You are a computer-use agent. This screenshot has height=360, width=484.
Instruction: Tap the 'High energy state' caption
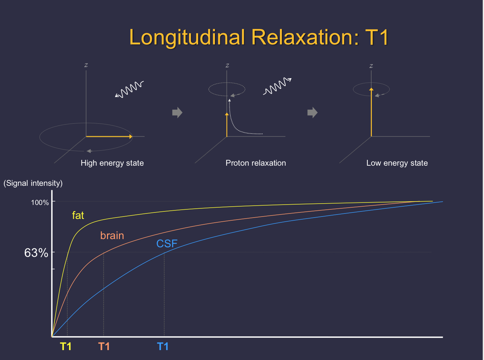pyautogui.click(x=112, y=163)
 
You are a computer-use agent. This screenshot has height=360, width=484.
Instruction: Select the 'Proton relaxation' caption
pyautogui.click(x=256, y=163)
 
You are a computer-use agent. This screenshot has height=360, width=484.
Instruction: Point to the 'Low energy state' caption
pyautogui.click(x=397, y=163)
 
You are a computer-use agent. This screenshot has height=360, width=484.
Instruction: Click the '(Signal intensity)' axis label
pyautogui.click(x=33, y=183)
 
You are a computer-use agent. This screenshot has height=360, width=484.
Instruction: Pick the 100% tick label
pyautogui.click(x=40, y=203)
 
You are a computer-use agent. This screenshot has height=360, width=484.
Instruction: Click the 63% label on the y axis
pyautogui.click(x=36, y=253)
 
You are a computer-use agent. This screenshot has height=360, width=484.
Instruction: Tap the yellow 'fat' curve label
pyautogui.click(x=78, y=215)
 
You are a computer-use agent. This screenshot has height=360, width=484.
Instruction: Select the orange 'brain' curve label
pyautogui.click(x=112, y=235)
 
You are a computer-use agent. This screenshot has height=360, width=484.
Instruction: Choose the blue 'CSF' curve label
pyautogui.click(x=167, y=244)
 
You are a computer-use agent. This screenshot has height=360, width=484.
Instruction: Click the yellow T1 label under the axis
pyautogui.click(x=66, y=347)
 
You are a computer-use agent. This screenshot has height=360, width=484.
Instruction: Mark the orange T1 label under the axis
pyautogui.click(x=104, y=347)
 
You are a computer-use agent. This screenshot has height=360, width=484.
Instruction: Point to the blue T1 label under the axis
pyautogui.click(x=163, y=347)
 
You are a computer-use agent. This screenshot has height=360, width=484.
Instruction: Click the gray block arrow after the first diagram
pyautogui.click(x=177, y=112)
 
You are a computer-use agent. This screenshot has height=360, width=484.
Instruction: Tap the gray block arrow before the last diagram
pyautogui.click(x=312, y=112)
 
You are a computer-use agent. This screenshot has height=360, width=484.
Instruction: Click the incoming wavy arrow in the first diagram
pyautogui.click(x=129, y=89)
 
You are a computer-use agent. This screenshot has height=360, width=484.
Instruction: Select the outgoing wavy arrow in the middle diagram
pyautogui.click(x=277, y=86)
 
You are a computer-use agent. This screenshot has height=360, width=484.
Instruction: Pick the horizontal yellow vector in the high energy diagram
pyautogui.click(x=109, y=137)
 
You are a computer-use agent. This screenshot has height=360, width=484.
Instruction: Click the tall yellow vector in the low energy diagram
pyautogui.click(x=371, y=113)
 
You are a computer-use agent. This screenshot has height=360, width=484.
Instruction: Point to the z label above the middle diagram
pyautogui.click(x=227, y=65)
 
